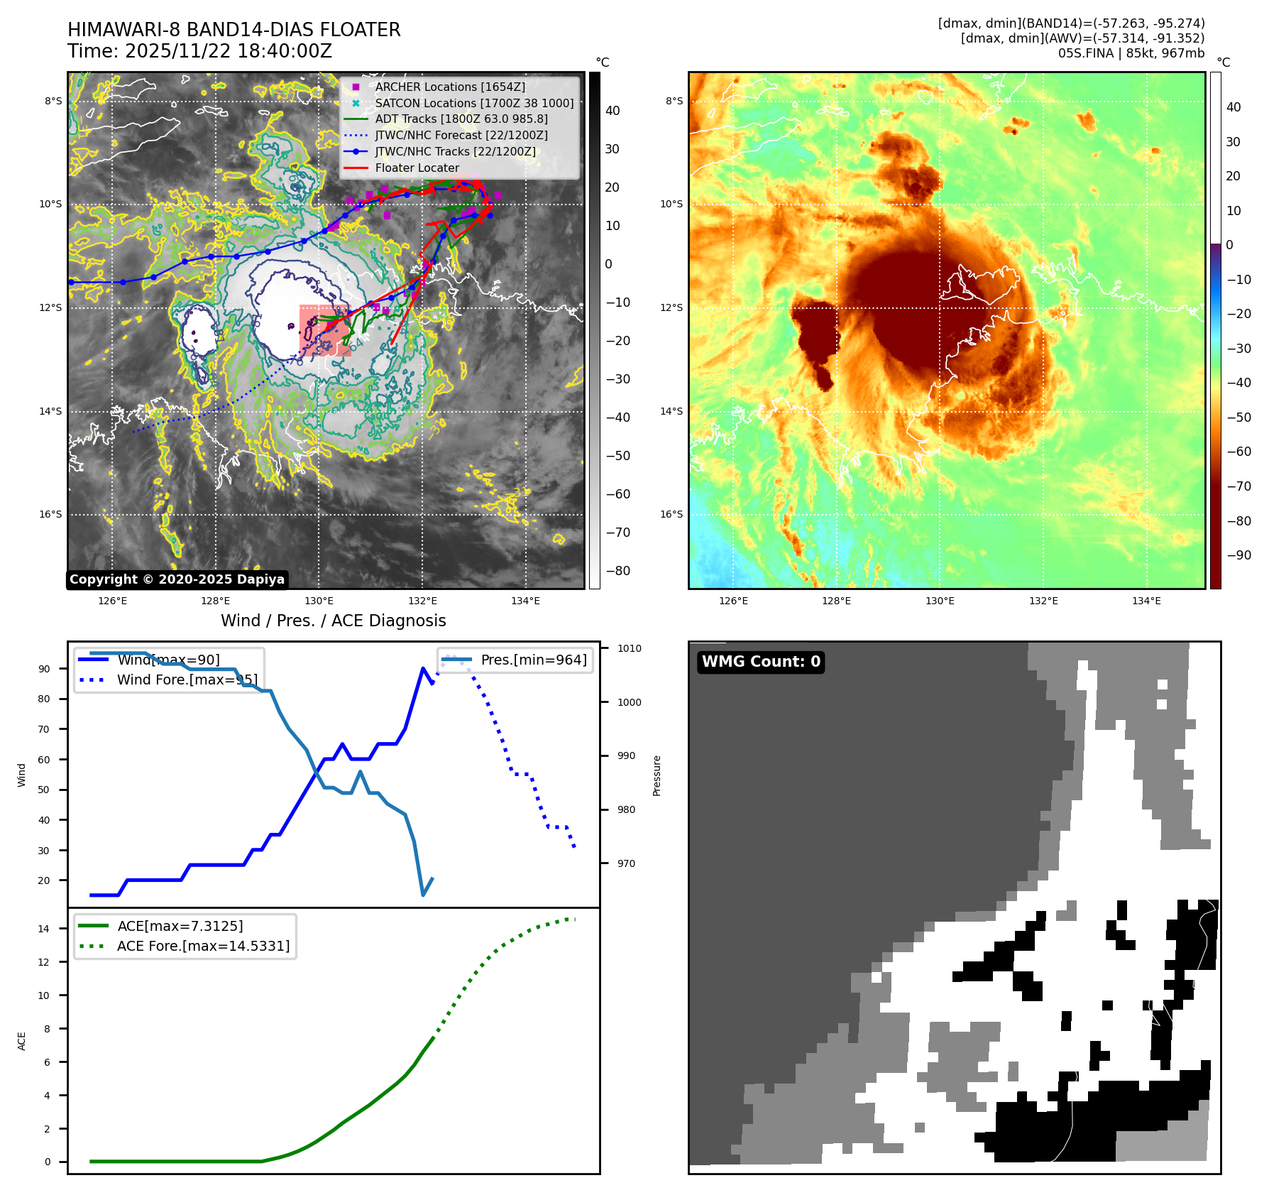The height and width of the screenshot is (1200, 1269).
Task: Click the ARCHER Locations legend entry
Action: [x=450, y=87]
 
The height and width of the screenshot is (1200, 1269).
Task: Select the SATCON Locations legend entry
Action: [x=474, y=103]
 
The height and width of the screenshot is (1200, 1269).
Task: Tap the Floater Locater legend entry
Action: [x=417, y=168]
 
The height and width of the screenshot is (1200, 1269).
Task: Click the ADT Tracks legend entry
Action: [x=461, y=119]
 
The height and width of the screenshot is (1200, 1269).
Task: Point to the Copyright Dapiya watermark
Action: [x=177, y=579]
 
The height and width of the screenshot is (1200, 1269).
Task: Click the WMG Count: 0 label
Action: [x=761, y=662]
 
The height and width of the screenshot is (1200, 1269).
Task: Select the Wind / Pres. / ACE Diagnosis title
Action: [x=334, y=621]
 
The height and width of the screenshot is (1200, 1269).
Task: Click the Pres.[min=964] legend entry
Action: [x=534, y=660]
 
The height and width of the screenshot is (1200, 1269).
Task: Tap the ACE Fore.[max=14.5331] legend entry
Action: [x=203, y=946]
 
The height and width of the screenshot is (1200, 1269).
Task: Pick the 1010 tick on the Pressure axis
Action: [x=629, y=648]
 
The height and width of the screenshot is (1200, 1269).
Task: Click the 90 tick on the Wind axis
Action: [x=45, y=669]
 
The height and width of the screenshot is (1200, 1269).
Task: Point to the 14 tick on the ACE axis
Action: [x=44, y=929]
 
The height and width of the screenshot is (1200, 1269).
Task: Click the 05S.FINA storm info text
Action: [x=1131, y=53]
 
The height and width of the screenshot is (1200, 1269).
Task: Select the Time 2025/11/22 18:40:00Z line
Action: [x=200, y=51]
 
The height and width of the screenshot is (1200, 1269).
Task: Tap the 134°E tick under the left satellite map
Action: [x=525, y=601]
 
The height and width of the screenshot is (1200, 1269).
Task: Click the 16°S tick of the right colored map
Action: [x=671, y=514]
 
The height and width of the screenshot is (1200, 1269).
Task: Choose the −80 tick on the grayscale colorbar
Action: [x=618, y=571]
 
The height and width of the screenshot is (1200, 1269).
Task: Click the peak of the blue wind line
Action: [x=423, y=668]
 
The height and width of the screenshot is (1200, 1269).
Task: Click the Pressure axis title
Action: [x=657, y=775]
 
